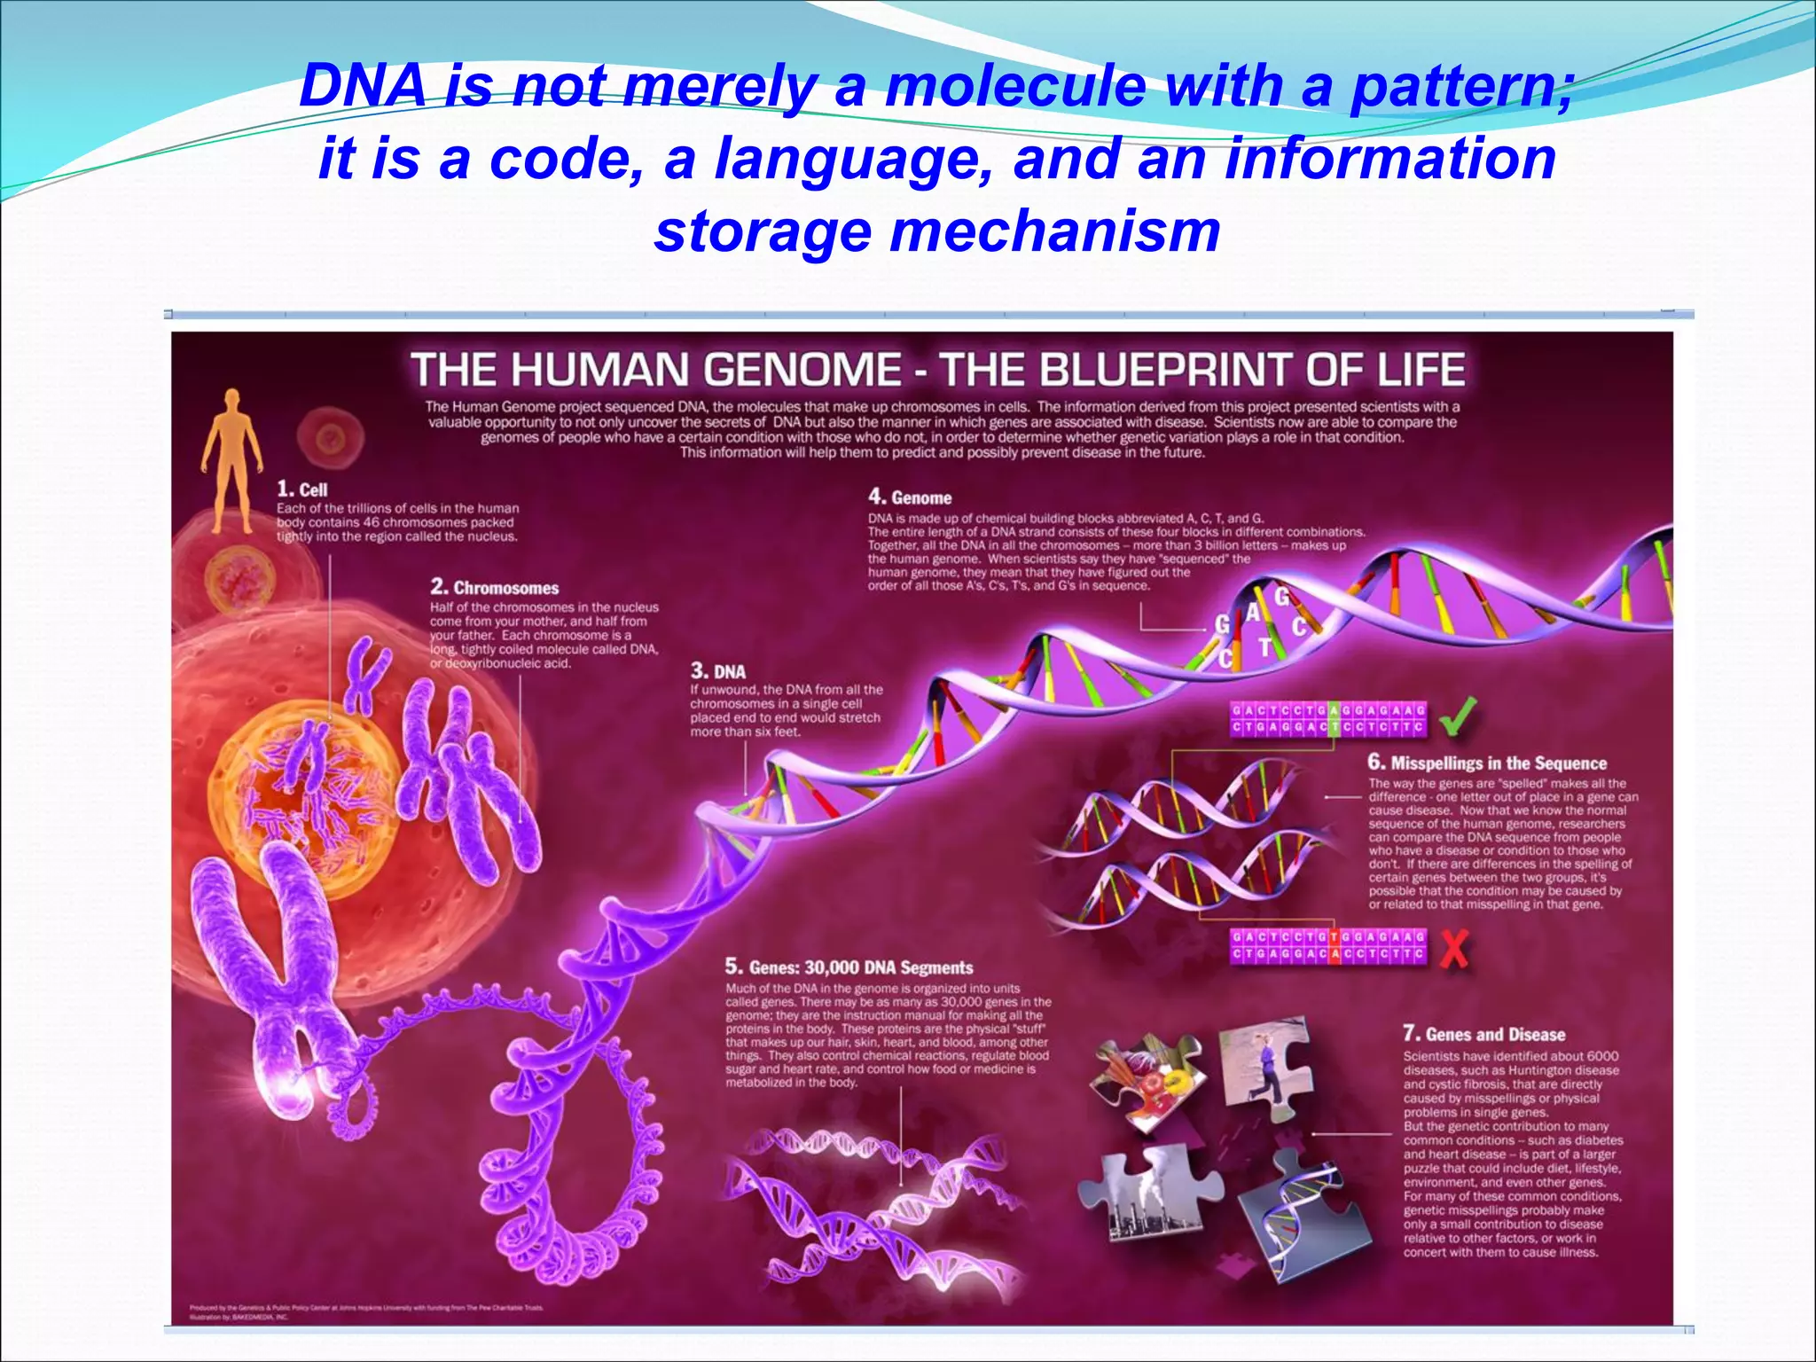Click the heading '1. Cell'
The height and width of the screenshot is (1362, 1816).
(x=302, y=489)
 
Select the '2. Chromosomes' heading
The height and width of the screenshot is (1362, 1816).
(x=495, y=588)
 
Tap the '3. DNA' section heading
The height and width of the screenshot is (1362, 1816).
(x=718, y=671)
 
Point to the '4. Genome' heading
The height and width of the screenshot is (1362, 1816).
(x=910, y=497)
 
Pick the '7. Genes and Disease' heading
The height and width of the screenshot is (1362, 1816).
(x=1484, y=1034)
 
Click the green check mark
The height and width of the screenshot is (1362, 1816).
(x=1458, y=716)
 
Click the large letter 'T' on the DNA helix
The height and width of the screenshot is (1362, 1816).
(x=1266, y=648)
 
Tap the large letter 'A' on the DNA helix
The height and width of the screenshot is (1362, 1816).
(x=1253, y=612)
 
